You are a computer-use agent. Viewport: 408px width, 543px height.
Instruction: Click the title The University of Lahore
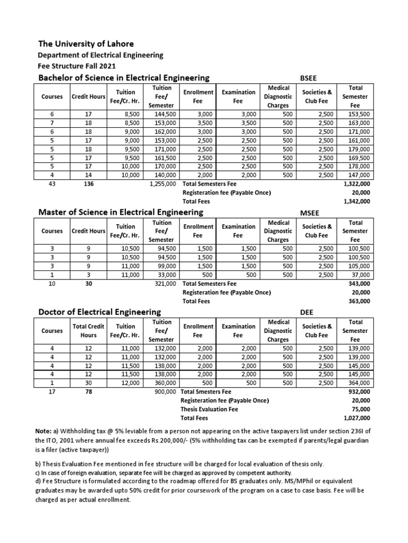pos(86,43)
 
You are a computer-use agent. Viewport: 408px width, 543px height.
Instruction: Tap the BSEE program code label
pos(309,78)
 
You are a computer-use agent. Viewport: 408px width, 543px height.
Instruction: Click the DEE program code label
pos(307,312)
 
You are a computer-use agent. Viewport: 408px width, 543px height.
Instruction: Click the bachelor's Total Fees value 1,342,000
pos(357,202)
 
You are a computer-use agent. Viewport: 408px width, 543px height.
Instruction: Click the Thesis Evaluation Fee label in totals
pos(210,409)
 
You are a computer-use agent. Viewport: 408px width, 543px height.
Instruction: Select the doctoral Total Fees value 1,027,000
pos(357,418)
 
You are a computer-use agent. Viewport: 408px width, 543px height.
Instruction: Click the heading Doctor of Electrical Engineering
pos(100,312)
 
